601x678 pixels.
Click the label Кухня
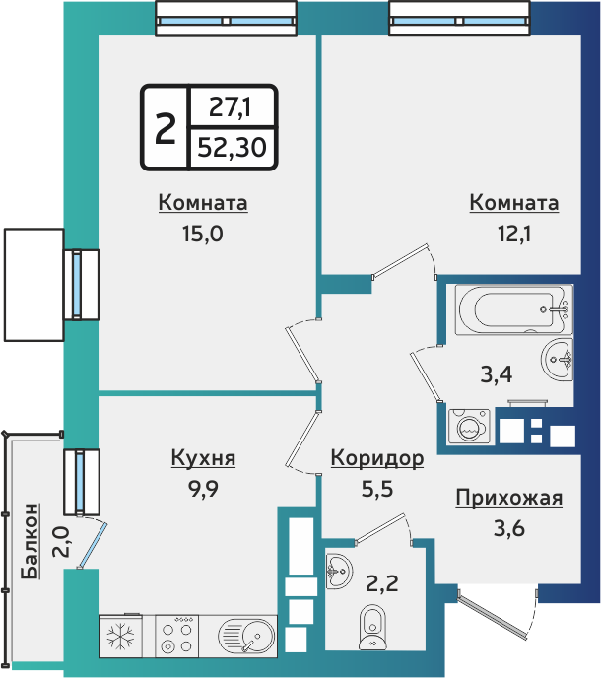(203, 458)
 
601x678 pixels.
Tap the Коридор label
(377, 458)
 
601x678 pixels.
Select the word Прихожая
(508, 498)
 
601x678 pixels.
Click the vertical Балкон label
(32, 541)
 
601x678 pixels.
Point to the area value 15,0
(203, 236)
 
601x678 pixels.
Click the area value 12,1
(513, 236)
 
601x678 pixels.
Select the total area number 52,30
(231, 147)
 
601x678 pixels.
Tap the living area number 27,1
(230, 105)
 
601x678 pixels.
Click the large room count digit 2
(165, 126)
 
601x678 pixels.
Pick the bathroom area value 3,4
(495, 373)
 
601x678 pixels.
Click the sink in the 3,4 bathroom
(558, 357)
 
